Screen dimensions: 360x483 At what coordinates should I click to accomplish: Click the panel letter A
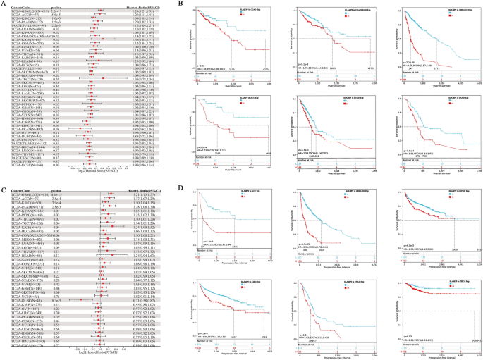(3, 4)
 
